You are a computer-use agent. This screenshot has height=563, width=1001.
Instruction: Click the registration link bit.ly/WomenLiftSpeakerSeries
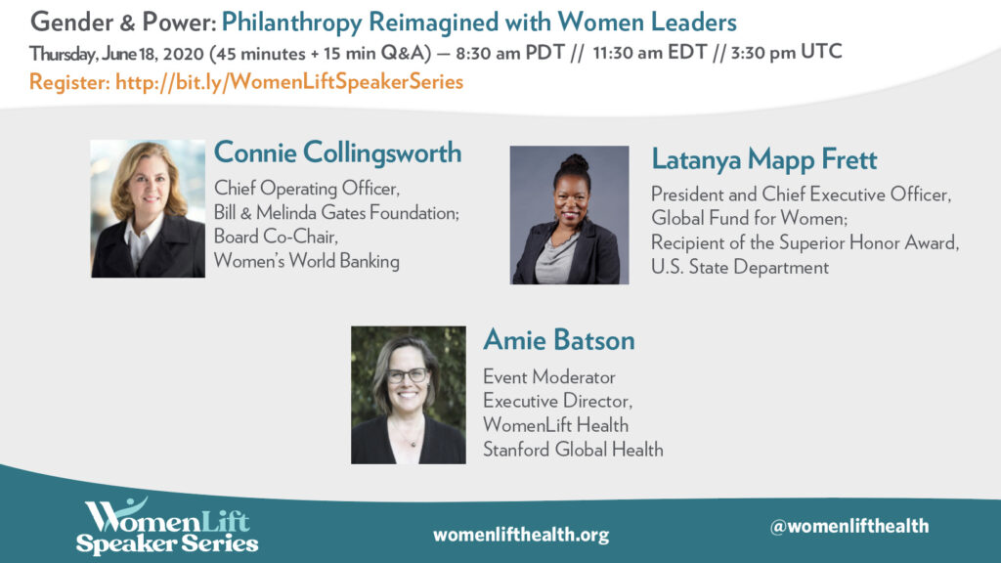(x=289, y=82)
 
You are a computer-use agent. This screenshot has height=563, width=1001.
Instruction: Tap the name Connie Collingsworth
(x=337, y=153)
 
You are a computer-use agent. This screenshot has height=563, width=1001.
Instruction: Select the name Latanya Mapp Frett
(x=764, y=159)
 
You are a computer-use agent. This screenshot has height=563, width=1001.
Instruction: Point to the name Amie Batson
(x=558, y=340)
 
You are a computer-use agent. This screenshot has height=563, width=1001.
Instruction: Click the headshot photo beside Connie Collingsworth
(x=148, y=209)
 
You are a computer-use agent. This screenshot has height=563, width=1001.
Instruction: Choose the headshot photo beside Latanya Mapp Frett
(x=570, y=214)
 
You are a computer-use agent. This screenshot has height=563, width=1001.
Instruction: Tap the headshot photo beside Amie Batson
(x=409, y=395)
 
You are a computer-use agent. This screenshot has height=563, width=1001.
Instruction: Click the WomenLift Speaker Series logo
(x=167, y=526)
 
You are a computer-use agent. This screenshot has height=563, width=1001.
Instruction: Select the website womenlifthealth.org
(x=521, y=535)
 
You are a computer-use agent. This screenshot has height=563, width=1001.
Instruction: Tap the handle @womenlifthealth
(x=849, y=526)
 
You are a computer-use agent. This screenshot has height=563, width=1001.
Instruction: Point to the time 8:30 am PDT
(x=510, y=53)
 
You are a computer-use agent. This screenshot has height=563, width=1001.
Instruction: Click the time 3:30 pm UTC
(x=787, y=53)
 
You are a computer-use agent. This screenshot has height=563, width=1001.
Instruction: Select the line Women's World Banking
(x=306, y=261)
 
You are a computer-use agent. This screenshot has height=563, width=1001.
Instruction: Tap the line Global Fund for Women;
(x=750, y=218)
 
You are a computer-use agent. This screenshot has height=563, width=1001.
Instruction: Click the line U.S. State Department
(x=740, y=267)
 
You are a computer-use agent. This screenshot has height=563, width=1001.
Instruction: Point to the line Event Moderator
(x=549, y=377)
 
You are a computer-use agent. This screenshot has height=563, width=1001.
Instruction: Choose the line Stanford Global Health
(x=573, y=450)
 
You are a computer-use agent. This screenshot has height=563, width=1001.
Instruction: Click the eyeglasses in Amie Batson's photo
(x=408, y=375)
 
